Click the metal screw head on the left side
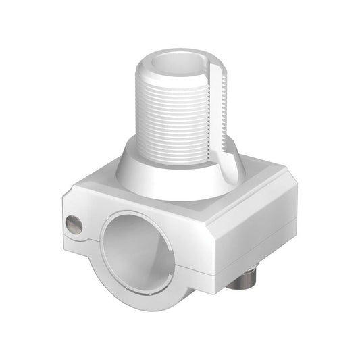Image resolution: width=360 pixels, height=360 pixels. (74, 224)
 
